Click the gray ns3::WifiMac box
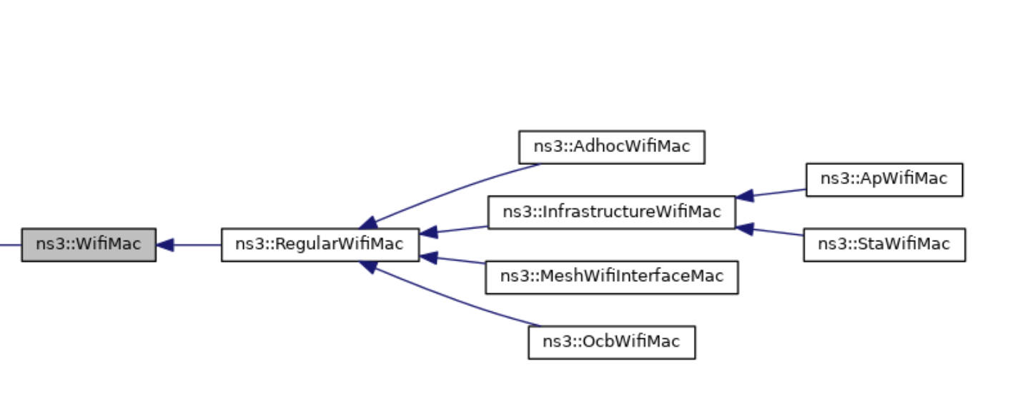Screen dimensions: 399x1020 click(89, 245)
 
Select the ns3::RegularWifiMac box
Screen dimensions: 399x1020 click(320, 245)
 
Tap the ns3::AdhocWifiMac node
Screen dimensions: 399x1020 click(611, 147)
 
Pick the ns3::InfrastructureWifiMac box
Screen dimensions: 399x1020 click(611, 213)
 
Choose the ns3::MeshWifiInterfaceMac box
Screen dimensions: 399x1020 click(611, 277)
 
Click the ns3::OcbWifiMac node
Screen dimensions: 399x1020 click(611, 342)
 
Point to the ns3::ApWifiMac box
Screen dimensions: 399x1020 click(883, 180)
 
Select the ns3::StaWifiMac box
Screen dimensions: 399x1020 click(883, 245)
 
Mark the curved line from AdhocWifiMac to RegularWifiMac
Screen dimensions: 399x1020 click(457, 189)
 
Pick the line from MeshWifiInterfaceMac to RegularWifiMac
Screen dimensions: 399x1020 click(461, 261)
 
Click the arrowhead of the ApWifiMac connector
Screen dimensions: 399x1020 click(745, 196)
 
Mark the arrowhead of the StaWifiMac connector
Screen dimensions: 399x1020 click(745, 228)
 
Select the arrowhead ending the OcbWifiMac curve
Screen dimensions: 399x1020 click(369, 266)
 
